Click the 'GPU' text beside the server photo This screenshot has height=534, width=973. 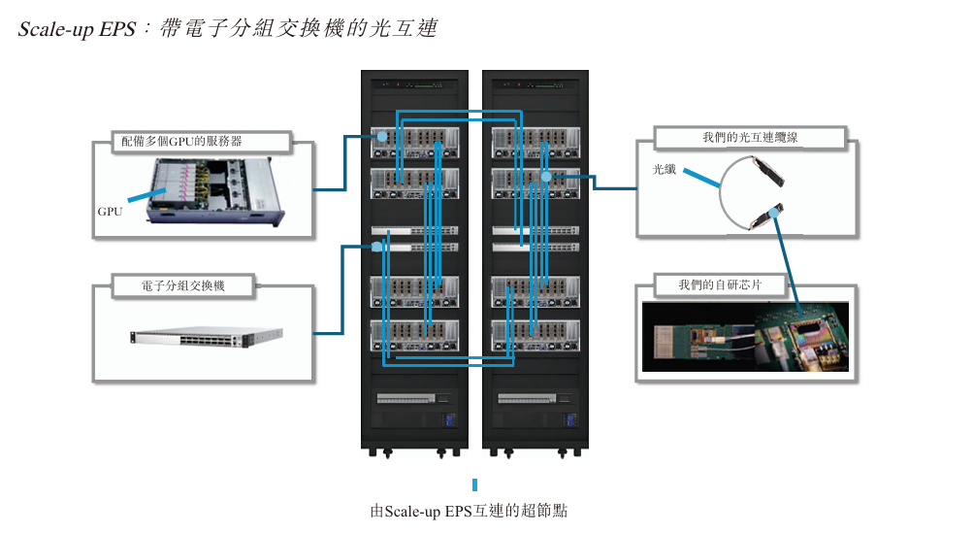point(110,211)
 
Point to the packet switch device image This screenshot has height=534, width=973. point(209,336)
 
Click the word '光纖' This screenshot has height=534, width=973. point(665,169)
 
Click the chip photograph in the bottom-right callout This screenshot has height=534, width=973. point(745,336)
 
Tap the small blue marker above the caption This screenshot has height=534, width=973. point(474,484)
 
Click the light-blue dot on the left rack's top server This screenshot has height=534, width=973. point(381,137)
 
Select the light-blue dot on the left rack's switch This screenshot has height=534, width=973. point(377,247)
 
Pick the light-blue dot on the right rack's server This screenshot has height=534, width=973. point(546,177)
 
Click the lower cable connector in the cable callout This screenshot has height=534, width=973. point(767,217)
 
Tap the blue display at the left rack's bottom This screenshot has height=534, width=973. point(449,421)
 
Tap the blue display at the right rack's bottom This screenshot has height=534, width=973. point(572,421)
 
